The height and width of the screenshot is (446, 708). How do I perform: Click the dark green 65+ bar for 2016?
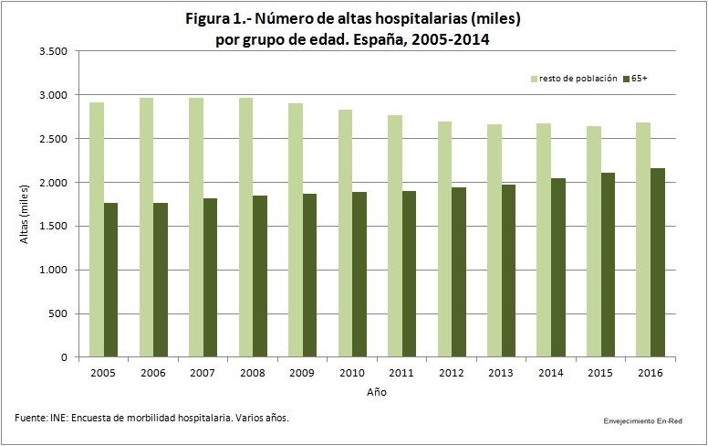658,262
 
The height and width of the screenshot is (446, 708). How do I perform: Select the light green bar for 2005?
97,229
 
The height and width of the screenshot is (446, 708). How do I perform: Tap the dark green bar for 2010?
359,274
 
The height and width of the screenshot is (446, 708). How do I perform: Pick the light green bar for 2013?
494,240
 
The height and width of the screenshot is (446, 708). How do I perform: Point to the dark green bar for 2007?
210,277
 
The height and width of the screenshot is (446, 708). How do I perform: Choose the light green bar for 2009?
296,229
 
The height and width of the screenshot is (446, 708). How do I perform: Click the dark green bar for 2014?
558,268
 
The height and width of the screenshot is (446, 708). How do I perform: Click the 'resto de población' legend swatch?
534,80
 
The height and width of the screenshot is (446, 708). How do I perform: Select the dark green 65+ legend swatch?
626,80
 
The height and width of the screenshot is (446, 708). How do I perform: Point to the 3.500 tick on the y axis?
53,51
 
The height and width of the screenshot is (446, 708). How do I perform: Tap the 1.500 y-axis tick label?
53,226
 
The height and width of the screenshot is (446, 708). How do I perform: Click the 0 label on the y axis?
64,357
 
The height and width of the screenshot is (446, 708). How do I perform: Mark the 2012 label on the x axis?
451,373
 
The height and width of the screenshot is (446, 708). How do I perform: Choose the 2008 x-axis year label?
253,373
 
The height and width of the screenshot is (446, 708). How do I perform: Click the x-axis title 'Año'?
377,392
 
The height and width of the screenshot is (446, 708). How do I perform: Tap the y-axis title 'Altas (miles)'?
24,214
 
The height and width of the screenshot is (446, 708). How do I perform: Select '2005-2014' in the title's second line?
451,40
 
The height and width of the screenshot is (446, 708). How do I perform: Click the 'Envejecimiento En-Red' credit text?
643,421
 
